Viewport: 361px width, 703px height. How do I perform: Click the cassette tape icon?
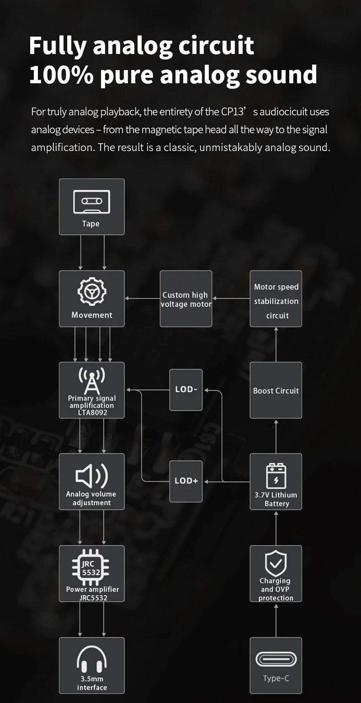(92, 202)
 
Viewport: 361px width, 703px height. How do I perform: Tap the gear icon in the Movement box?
(92, 292)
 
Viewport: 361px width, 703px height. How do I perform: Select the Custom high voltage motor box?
(186, 299)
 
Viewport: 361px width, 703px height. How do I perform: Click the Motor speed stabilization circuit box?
(276, 299)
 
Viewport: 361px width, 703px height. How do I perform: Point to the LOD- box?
(186, 390)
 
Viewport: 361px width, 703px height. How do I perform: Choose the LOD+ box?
(186, 481)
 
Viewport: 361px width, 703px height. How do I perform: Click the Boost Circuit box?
(276, 390)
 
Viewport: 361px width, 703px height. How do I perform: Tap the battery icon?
(276, 476)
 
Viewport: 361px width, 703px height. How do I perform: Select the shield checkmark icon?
(276, 563)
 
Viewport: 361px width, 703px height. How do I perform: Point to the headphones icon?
(92, 660)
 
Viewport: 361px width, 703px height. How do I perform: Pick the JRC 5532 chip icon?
(91, 567)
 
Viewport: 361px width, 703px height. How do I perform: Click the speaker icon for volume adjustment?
(92, 475)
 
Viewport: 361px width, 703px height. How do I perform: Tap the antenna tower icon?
(92, 381)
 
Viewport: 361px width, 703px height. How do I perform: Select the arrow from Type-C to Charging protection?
(276, 619)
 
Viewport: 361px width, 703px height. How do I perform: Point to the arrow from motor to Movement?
(142, 298)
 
